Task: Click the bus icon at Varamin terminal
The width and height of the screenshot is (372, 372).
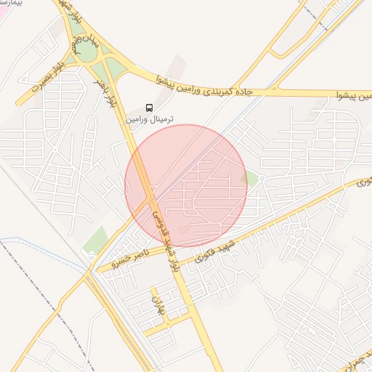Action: (x=150, y=108)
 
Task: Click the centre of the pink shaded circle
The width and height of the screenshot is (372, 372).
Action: (x=186, y=186)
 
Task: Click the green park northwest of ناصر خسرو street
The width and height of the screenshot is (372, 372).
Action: (x=95, y=239)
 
